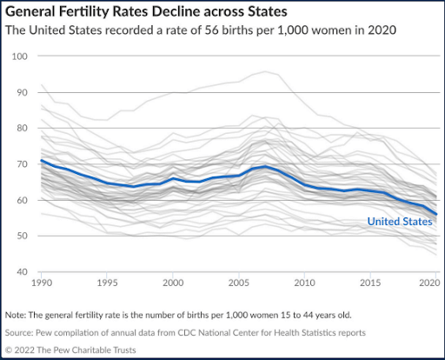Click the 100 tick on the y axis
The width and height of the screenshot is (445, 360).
pyautogui.click(x=21, y=56)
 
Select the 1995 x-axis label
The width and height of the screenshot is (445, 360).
pyautogui.click(x=108, y=284)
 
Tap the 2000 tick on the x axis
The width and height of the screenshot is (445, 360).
pyautogui.click(x=174, y=284)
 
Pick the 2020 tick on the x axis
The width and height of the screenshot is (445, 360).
pyautogui.click(x=428, y=284)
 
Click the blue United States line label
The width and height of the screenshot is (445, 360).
pyautogui.click(x=399, y=222)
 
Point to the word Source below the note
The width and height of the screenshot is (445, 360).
pyautogui.click(x=23, y=332)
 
